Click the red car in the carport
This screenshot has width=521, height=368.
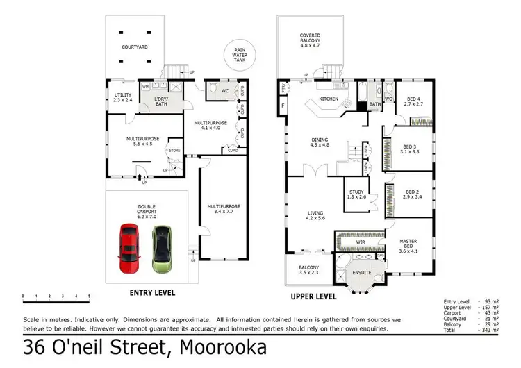(129, 247)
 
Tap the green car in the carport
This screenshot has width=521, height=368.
(162, 248)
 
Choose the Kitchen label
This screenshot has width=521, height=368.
(328, 99)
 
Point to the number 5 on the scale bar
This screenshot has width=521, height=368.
(89, 297)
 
